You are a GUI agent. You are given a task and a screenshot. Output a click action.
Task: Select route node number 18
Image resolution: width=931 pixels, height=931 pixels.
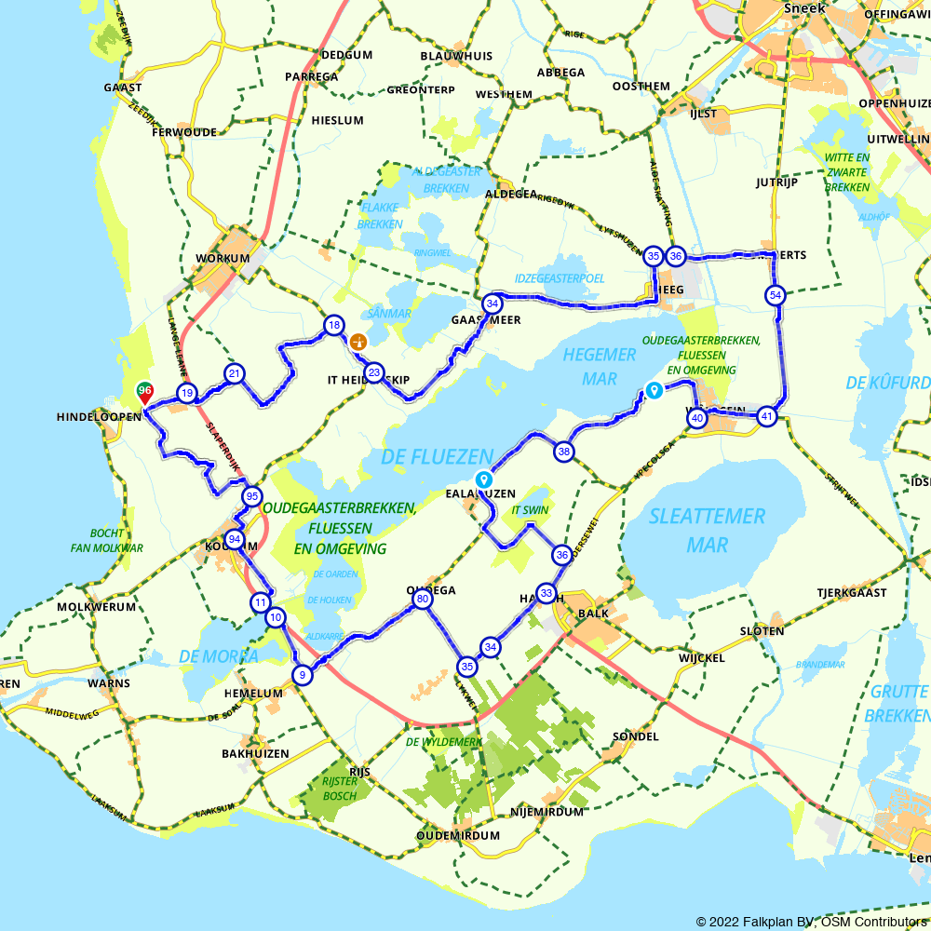tap(333, 325)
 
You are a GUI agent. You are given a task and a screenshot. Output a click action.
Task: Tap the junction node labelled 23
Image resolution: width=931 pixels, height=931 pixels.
tap(373, 372)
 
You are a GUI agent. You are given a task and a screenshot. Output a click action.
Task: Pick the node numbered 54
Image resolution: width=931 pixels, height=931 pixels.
tap(775, 295)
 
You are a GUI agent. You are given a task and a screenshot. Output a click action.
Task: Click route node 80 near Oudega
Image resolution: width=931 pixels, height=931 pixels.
tap(423, 600)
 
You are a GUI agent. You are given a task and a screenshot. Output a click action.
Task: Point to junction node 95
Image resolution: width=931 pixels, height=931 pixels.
tap(251, 496)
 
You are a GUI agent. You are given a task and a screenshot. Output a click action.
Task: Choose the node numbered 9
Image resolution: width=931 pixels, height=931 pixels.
tap(301, 675)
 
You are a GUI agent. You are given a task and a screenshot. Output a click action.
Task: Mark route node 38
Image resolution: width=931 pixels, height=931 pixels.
tap(563, 452)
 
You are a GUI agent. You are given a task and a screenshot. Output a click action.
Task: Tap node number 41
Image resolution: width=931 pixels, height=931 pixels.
tap(766, 416)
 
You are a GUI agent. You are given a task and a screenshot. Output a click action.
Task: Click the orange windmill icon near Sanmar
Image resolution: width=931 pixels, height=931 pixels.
tap(357, 342)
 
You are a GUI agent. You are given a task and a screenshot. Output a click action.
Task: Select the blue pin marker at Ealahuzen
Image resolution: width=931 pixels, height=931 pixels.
tap(483, 479)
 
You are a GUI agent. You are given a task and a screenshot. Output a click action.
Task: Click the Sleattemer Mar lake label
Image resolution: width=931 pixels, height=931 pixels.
tap(707, 529)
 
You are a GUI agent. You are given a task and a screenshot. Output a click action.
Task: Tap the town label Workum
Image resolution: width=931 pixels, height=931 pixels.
tap(223, 258)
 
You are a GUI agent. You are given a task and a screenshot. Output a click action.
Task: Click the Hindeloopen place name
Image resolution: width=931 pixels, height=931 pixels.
tap(97, 416)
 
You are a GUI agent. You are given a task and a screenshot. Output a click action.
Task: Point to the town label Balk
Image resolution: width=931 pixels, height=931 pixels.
tap(593, 614)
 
